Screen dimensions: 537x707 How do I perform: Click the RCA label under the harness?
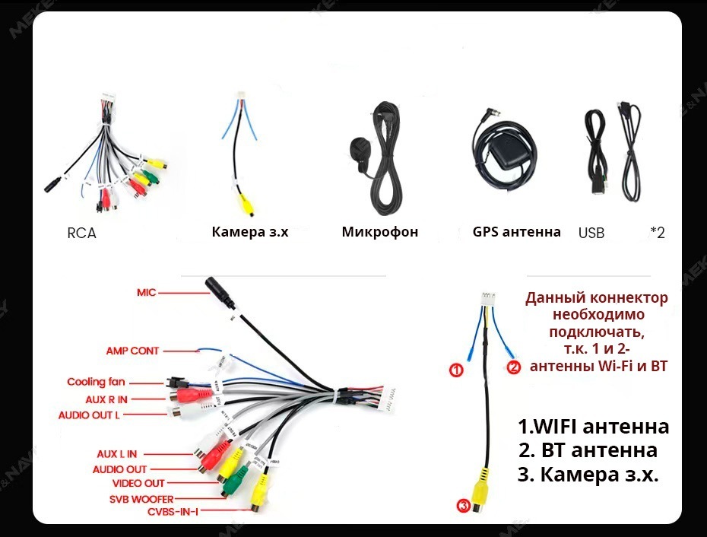pos(81,234)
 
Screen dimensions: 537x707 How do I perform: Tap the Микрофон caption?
pos(380,232)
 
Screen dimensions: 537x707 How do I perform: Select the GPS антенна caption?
pos(516,232)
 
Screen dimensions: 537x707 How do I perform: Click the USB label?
pos(591,234)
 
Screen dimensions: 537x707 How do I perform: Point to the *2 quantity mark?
pos(657,234)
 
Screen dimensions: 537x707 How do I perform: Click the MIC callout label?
pos(147,292)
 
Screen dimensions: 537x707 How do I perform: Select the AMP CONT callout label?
pos(132,351)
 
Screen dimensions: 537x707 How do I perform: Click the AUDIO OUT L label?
pos(89,415)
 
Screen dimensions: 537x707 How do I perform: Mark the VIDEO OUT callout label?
pos(138,483)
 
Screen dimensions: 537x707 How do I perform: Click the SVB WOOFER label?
pos(141,499)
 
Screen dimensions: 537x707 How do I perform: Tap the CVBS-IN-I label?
pos(173,512)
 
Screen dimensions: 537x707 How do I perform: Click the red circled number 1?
pos(456,370)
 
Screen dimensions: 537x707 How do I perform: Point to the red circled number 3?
pos(463,505)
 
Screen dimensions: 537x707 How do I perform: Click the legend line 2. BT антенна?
pos(588,450)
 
